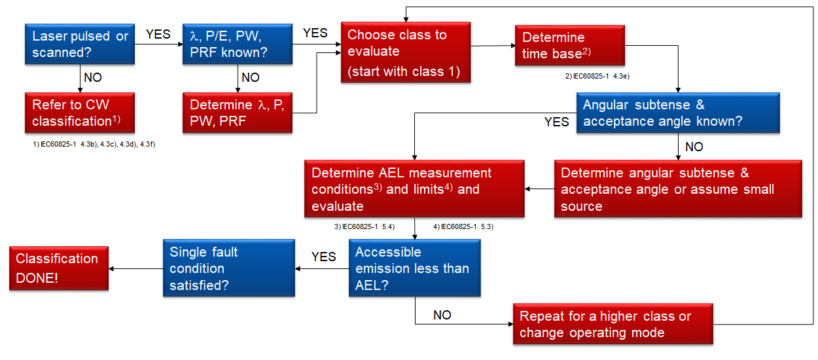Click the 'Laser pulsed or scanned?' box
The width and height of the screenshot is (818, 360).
point(80,44)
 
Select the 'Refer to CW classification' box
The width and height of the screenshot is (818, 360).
point(80,113)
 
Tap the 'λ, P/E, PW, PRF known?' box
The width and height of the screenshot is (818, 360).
point(238,44)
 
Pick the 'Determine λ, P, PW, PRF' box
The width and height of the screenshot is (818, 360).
point(238,113)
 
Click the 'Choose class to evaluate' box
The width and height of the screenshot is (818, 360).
point(406,52)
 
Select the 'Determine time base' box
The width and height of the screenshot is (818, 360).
point(570,45)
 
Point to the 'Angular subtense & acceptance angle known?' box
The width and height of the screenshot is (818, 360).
point(678,113)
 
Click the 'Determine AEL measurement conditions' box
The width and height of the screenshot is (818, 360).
point(414,189)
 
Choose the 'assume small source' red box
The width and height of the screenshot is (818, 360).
point(678,189)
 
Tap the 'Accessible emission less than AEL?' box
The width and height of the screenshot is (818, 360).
point(414,268)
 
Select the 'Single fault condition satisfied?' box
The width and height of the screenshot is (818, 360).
point(229,268)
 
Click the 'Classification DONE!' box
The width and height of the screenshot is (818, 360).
point(59,268)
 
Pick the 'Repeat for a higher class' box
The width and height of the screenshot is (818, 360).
point(613,324)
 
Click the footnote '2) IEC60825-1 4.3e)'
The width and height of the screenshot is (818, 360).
point(597,76)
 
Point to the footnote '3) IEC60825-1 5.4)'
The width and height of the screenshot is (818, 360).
point(365,226)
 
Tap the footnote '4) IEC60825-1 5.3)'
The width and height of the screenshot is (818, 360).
point(463,226)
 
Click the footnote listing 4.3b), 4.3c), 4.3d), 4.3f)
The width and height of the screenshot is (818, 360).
point(94,144)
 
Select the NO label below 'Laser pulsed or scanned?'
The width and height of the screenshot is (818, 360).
point(93,77)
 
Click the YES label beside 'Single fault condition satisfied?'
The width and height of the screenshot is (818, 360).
point(323,257)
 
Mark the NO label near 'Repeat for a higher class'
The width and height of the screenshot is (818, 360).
point(442,315)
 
